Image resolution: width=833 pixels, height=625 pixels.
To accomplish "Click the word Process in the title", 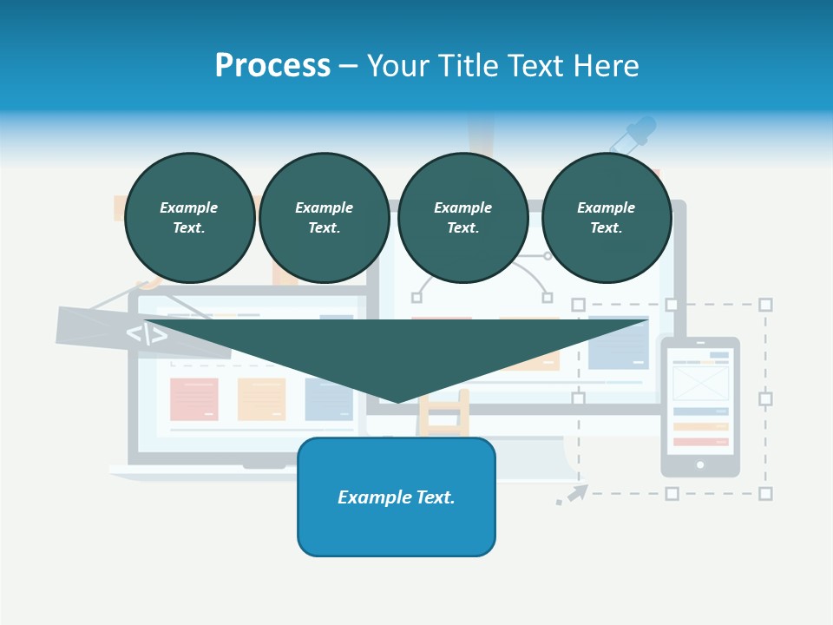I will (x=272, y=66).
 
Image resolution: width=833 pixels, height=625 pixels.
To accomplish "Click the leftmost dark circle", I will (x=189, y=218).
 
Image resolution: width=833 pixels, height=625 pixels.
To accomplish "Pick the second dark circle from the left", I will (x=324, y=218).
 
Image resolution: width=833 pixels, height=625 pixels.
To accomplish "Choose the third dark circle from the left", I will (x=462, y=218).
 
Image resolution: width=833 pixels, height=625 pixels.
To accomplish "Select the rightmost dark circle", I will (x=606, y=218).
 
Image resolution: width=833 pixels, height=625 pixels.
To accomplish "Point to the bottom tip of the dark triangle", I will (x=398, y=401).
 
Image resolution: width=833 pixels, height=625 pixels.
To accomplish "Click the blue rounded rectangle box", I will (x=397, y=497).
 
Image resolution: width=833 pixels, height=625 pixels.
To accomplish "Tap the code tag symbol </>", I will (x=147, y=334).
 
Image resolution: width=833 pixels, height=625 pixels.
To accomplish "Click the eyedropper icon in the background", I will (x=633, y=135).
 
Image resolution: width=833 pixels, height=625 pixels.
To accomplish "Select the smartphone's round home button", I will (x=700, y=465).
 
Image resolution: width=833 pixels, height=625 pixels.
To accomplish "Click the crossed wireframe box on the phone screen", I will (x=700, y=383).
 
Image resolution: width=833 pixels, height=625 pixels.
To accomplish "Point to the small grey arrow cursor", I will (x=574, y=495).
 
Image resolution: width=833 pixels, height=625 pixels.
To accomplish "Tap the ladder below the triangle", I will (x=443, y=415).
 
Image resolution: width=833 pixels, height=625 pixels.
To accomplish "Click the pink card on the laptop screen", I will (x=193, y=399).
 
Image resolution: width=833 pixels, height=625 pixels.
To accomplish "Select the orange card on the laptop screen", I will (x=261, y=399).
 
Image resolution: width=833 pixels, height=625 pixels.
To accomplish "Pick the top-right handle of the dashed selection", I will (x=765, y=305).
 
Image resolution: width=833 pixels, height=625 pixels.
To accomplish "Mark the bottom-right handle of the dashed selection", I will (x=765, y=493).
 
